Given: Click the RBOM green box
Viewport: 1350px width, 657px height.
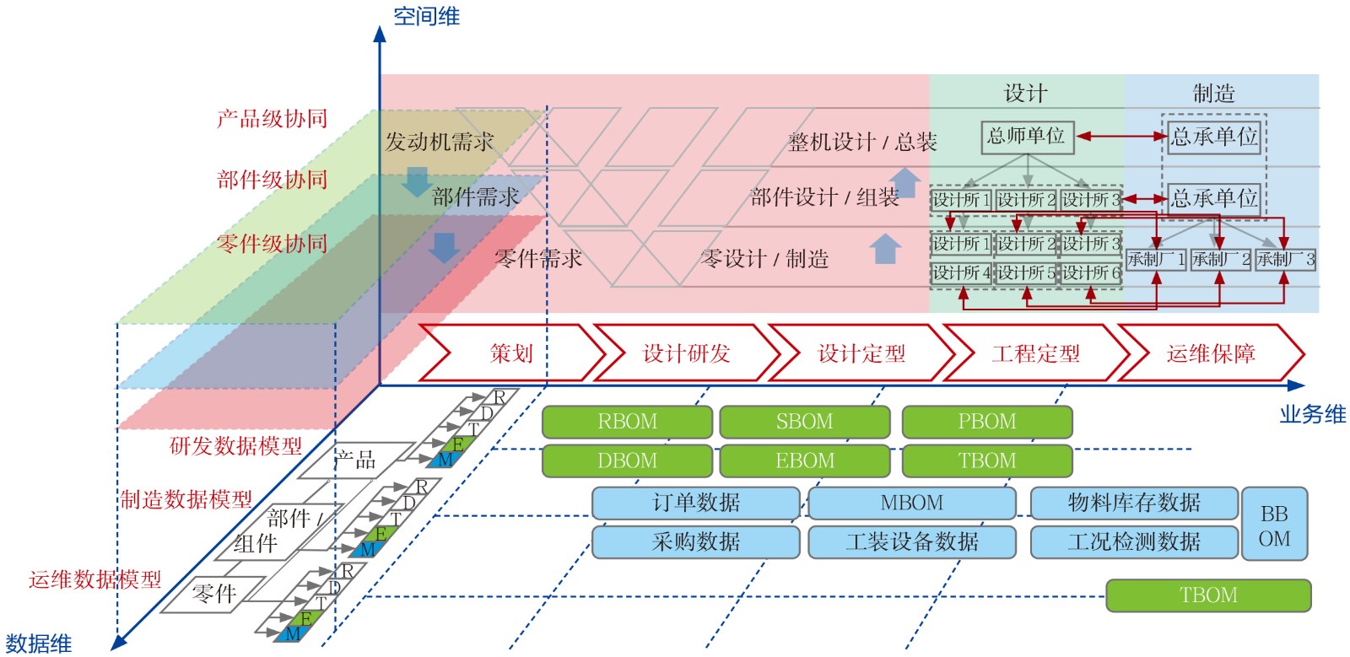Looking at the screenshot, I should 627,422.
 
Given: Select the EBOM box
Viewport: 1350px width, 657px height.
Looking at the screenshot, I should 804,461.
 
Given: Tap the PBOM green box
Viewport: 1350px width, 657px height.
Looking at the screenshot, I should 987,422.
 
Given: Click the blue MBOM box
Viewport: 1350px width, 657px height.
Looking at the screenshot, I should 911,504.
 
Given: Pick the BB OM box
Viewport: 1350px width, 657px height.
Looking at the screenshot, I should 1274,525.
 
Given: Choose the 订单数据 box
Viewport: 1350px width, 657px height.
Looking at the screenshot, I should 695,504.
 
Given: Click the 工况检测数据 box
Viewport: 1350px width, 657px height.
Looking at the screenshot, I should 1133,542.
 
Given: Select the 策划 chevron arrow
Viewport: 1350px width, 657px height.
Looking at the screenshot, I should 511,353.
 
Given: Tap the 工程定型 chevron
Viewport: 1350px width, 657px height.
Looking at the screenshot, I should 1036,353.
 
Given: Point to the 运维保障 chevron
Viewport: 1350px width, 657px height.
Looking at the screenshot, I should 1211,353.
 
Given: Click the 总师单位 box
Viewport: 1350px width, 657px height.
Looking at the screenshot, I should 1027,137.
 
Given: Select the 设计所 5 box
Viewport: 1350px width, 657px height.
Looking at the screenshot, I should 1026,273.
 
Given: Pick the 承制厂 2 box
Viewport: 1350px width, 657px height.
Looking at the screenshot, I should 1220,260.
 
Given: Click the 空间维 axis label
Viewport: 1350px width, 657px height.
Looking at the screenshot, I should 426,16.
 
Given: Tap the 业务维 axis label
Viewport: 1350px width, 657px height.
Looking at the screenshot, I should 1312,414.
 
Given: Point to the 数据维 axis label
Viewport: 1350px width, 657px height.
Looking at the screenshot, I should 38,644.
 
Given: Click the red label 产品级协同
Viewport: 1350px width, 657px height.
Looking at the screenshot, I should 272,119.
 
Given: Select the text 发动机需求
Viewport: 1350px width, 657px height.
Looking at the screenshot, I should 439,142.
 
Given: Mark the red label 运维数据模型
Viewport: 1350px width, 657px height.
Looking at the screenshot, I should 94,579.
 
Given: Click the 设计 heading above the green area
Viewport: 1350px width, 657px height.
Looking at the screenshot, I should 1025,94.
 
